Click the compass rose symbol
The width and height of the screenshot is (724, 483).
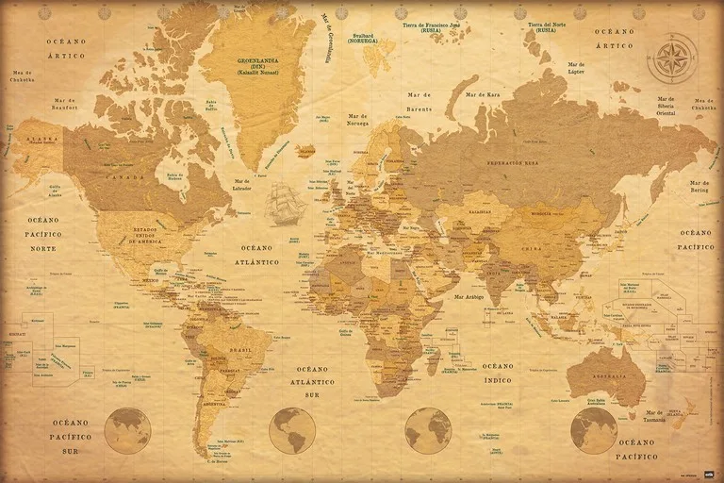pyautogui.click(x=672, y=58)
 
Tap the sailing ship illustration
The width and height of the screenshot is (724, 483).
pyautogui.click(x=288, y=205)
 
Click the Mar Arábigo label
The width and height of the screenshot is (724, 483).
pyautogui.click(x=469, y=297)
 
